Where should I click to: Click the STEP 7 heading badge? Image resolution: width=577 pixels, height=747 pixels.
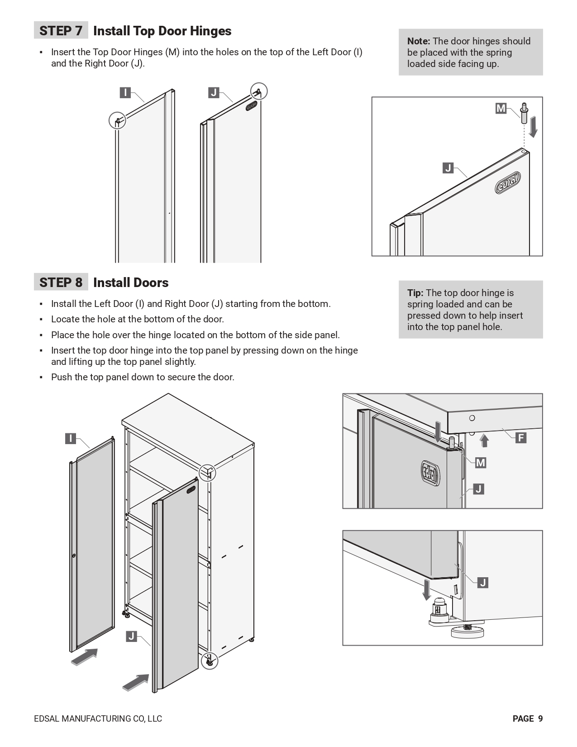pyautogui.click(x=61, y=31)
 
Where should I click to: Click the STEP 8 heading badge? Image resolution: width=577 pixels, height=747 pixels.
pyautogui.click(x=61, y=283)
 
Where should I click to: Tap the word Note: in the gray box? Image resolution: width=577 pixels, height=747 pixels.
pyautogui.click(x=419, y=41)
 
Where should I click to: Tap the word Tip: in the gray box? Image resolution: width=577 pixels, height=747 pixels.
pyautogui.click(x=415, y=293)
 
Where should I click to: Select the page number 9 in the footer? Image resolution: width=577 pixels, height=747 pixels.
pyautogui.click(x=540, y=718)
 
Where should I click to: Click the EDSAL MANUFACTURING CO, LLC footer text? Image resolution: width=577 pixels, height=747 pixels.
pyautogui.click(x=98, y=718)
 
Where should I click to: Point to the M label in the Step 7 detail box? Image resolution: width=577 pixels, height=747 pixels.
pyautogui.click(x=501, y=109)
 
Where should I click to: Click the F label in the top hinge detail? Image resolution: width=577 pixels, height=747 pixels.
pyautogui.click(x=521, y=438)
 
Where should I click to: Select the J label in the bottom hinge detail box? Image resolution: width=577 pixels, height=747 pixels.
pyautogui.click(x=483, y=583)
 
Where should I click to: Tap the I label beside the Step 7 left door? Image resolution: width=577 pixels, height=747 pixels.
pyautogui.click(x=125, y=93)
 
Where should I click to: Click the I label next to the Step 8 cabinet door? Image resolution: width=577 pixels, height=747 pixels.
pyautogui.click(x=71, y=438)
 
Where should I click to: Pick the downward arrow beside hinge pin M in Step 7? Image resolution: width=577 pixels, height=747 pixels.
pyautogui.click(x=534, y=127)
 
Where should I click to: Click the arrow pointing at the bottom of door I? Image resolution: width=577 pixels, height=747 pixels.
pyautogui.click(x=85, y=657)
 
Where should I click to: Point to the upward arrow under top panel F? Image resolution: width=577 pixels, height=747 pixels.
pyautogui.click(x=485, y=440)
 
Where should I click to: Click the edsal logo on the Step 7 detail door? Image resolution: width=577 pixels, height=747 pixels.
pyautogui.click(x=508, y=183)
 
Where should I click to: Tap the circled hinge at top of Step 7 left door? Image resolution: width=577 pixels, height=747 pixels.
pyautogui.click(x=118, y=120)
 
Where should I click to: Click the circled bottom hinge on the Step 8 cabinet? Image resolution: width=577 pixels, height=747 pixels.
pyautogui.click(x=209, y=661)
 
